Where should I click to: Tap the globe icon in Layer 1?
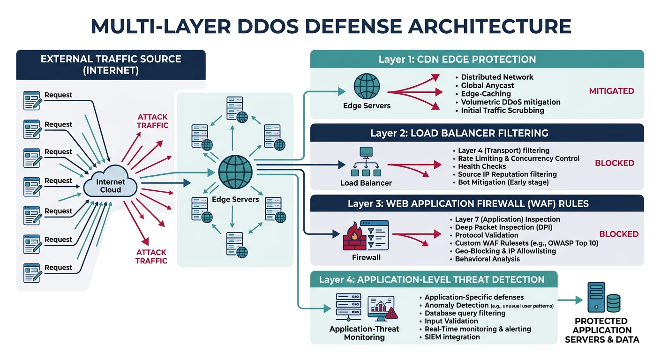(367, 86)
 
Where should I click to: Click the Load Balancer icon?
(366, 161)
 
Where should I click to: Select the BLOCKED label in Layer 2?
(615, 163)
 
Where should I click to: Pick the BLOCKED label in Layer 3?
(619, 234)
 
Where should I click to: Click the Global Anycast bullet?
(487, 85)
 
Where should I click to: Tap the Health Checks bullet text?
(482, 166)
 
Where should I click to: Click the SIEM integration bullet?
(452, 337)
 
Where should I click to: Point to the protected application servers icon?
(604, 298)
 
